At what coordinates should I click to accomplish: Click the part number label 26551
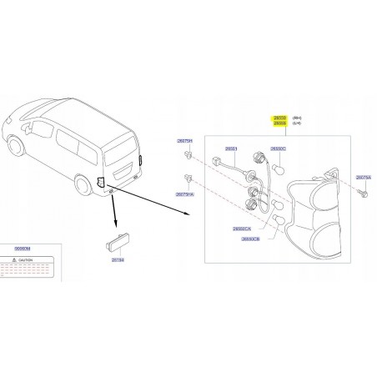click(230, 149)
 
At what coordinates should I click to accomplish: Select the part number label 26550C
click(277, 148)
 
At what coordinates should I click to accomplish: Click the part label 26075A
click(363, 178)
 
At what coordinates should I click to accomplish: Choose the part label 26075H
click(183, 141)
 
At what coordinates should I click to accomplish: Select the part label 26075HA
click(185, 194)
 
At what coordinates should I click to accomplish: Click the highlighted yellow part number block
click(279, 121)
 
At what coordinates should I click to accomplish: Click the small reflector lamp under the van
click(112, 249)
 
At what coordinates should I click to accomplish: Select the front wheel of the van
click(16, 147)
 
